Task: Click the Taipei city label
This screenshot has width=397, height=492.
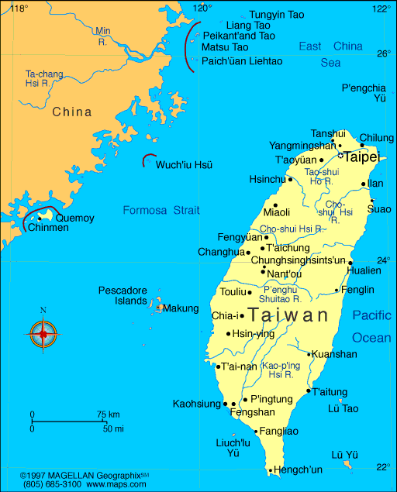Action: tap(361, 157)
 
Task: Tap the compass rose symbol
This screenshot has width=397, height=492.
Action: tap(43, 333)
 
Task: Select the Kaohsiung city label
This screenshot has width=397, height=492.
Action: tap(196, 404)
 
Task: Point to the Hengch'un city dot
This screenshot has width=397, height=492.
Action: tap(271, 470)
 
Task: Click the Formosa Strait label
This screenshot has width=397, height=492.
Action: tap(161, 210)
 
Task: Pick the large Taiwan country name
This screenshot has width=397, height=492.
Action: tap(288, 315)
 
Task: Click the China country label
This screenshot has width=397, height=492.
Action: tap(71, 112)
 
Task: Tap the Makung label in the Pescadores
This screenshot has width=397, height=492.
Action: tap(180, 308)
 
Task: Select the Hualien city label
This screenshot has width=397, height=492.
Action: tap(364, 271)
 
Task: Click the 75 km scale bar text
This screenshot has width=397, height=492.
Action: tap(109, 415)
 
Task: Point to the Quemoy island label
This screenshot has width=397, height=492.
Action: tap(74, 218)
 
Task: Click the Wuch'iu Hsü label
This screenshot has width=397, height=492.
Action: tap(184, 165)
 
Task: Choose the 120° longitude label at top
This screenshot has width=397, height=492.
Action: tap(202, 8)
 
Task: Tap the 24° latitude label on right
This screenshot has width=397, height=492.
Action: tap(384, 260)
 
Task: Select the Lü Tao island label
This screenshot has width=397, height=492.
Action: tap(343, 408)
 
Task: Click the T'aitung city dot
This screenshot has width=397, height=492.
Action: tap(308, 391)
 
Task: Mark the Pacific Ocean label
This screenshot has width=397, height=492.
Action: tap(371, 326)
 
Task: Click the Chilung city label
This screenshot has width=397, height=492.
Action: tap(377, 137)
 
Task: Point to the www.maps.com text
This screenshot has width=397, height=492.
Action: tap(117, 484)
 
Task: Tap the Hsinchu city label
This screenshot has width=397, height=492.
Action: tap(267, 178)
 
